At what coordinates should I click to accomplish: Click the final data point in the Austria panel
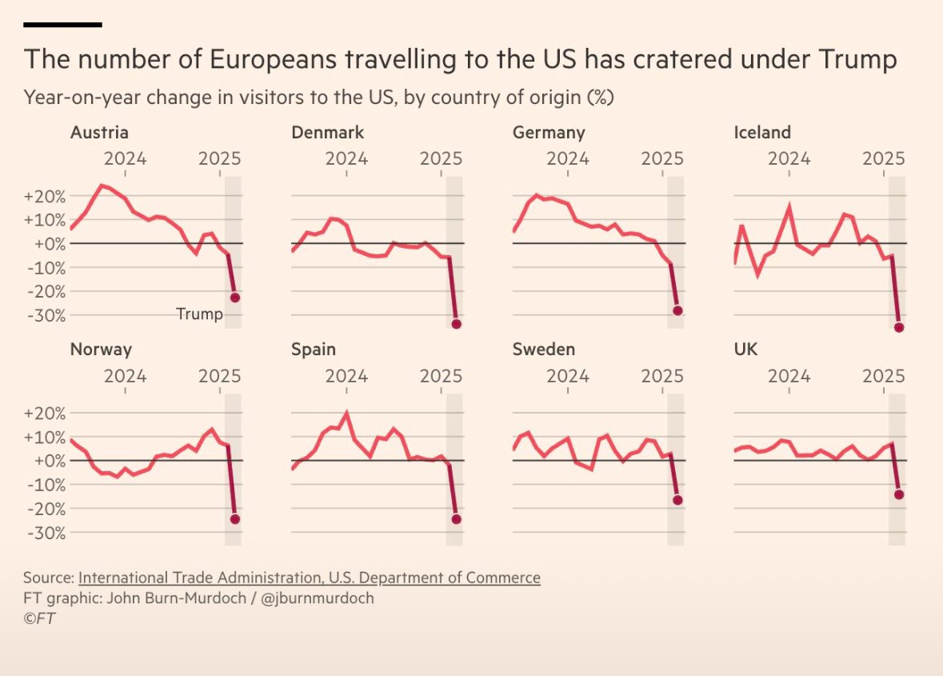coord(235,298)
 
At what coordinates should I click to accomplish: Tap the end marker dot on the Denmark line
coord(456,324)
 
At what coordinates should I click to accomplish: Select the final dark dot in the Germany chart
coord(677,310)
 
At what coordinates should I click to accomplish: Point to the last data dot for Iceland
coord(899,327)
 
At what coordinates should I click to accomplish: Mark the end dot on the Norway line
coord(235,519)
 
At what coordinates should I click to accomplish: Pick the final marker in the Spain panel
coord(456,519)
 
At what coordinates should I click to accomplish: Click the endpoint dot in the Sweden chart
coord(677,500)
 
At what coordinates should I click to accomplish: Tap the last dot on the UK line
coord(899,494)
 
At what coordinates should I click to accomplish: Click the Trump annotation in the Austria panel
coord(199,314)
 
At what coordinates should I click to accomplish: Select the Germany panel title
coord(549,133)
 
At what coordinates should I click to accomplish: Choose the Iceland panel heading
coord(762,133)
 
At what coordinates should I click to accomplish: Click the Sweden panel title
coord(544,350)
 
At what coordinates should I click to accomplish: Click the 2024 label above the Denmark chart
coord(346,158)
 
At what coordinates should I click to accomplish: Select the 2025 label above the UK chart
coord(883,375)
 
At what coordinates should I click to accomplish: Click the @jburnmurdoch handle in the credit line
coord(318,598)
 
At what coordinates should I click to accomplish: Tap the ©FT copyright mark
coord(39,618)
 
